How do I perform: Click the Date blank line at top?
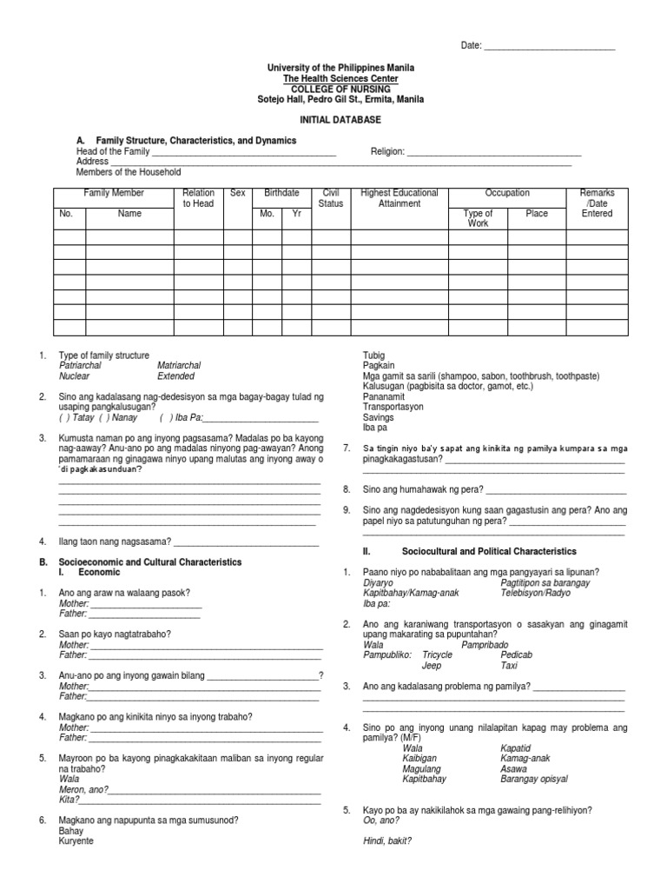pos(548,46)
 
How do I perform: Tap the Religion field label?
pos(387,151)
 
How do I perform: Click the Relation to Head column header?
pos(198,198)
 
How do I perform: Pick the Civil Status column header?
pos(331,198)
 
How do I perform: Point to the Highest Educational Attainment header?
pos(399,198)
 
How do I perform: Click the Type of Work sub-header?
pos(478,218)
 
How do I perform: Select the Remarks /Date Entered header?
pos(597,203)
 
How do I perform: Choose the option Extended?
pos(175,376)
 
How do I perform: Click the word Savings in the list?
pos(379,417)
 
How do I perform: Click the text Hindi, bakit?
pos(386,841)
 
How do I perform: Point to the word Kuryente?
pos(76,841)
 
